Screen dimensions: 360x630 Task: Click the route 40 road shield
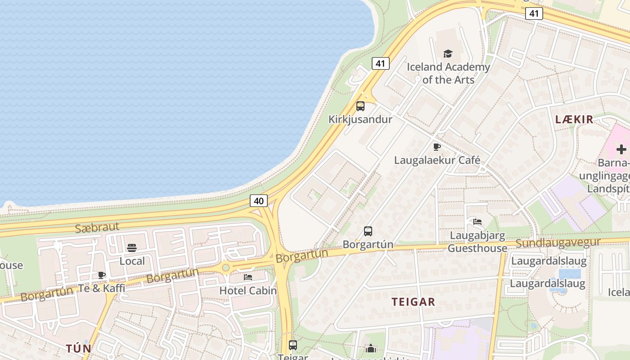pyautogui.click(x=259, y=201)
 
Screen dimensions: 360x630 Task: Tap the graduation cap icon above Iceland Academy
pyautogui.click(x=448, y=54)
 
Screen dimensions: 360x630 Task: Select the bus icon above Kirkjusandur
pyautogui.click(x=360, y=106)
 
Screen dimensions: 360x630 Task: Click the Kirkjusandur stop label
pyautogui.click(x=360, y=119)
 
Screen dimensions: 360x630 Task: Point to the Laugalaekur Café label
pyautogui.click(x=437, y=160)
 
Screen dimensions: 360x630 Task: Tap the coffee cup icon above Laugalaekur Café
pyautogui.click(x=436, y=147)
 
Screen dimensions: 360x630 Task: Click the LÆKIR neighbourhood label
pyautogui.click(x=574, y=119)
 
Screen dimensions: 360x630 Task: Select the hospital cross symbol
pyautogui.click(x=621, y=149)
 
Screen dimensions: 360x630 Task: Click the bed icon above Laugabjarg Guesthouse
pyautogui.click(x=477, y=221)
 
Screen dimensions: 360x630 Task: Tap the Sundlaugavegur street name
pyautogui.click(x=558, y=243)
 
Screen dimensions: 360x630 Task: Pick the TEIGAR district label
pyautogui.click(x=414, y=301)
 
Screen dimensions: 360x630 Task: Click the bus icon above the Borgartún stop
pyautogui.click(x=368, y=231)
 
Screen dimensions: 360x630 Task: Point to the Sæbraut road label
pyautogui.click(x=97, y=227)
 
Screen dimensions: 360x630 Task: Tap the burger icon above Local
pyautogui.click(x=132, y=248)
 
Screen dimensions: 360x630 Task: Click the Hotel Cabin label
pyautogui.click(x=248, y=290)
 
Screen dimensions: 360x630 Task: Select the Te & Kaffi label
pyautogui.click(x=102, y=288)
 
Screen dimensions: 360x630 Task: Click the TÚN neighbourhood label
pyautogui.click(x=79, y=348)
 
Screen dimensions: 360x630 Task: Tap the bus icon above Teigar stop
pyautogui.click(x=293, y=345)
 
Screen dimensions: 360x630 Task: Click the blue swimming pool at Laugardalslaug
pyautogui.click(x=569, y=273)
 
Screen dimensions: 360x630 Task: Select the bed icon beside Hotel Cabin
pyautogui.click(x=248, y=277)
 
